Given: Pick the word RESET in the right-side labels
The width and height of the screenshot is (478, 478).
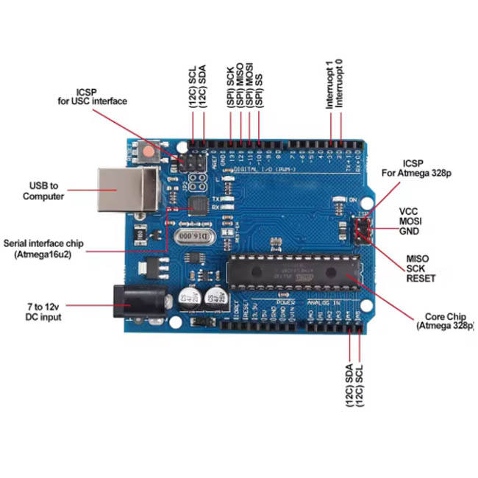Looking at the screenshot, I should (x=421, y=279).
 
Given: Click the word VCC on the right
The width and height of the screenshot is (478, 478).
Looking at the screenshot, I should (x=410, y=211).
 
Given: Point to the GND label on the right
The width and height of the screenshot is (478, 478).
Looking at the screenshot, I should (x=410, y=230).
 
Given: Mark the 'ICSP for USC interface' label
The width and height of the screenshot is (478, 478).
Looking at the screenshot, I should (x=92, y=96).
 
